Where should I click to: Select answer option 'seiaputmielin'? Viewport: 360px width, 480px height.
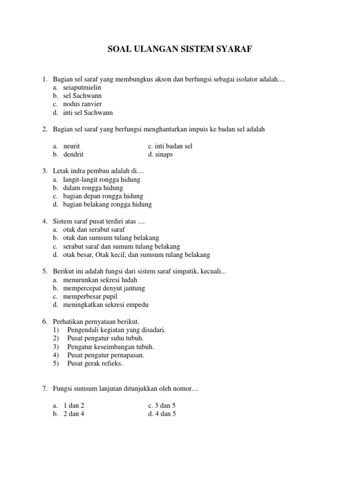(82, 88)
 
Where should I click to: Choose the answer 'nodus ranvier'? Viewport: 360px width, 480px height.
(82, 104)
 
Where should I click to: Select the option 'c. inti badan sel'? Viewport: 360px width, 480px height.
(170, 146)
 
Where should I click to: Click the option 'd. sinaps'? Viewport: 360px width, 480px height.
(160, 154)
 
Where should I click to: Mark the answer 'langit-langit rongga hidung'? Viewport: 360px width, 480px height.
(102, 180)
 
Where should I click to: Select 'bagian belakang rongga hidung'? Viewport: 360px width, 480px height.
(107, 204)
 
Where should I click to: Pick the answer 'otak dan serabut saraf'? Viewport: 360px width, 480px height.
(94, 230)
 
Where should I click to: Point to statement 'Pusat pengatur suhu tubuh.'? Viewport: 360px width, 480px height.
(105, 338)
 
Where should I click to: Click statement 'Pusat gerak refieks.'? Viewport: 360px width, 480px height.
(95, 363)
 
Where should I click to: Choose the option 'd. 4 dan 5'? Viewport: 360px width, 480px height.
(162, 414)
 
